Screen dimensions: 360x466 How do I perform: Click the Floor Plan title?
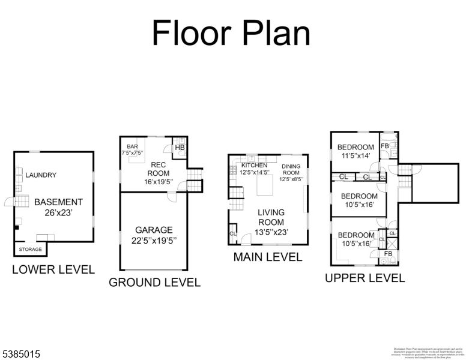(x=231, y=33)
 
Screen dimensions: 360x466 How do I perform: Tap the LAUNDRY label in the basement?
(x=41, y=175)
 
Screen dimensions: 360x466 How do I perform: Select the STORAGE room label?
(x=30, y=249)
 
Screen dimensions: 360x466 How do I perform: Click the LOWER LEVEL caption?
(x=53, y=270)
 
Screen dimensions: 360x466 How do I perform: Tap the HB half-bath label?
(x=179, y=148)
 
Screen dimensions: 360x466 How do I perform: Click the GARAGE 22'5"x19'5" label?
(x=154, y=235)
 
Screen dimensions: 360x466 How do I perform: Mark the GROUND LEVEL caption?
(x=154, y=283)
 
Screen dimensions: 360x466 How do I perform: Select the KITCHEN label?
(x=255, y=169)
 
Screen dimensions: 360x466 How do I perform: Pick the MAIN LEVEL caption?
(x=267, y=257)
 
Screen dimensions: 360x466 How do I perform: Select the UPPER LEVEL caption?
(x=365, y=278)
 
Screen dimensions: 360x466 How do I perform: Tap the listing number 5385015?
(x=20, y=355)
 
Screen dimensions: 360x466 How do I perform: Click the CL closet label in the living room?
(x=232, y=234)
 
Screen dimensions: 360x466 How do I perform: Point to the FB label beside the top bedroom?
(x=385, y=146)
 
